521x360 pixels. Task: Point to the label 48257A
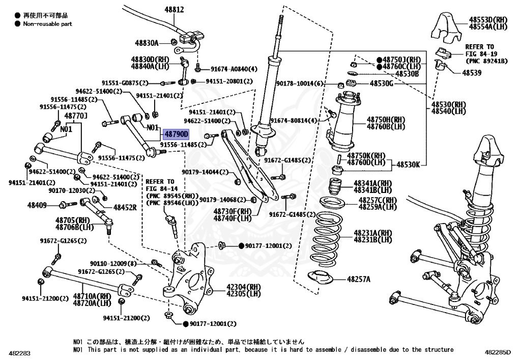click(x=359, y=279)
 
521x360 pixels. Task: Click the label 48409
click(x=37, y=205)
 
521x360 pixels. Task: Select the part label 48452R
click(x=125, y=208)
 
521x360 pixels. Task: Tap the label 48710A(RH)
click(x=92, y=296)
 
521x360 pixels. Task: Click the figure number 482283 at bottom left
click(x=19, y=353)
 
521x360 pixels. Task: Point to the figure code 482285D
click(x=499, y=353)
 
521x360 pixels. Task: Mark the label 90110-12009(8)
click(x=113, y=263)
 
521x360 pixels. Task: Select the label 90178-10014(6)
click(x=300, y=84)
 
